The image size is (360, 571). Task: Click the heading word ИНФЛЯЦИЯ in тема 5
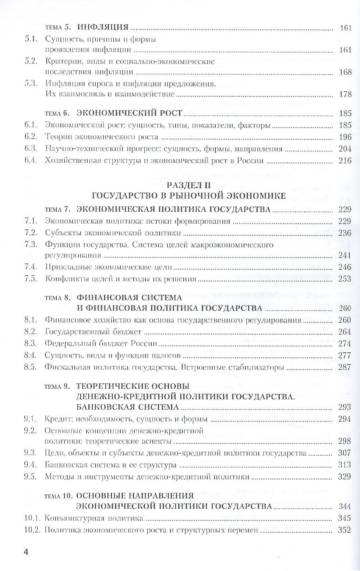[x=103, y=27]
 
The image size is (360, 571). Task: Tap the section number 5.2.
[x=31, y=61]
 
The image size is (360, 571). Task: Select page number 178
[x=345, y=94]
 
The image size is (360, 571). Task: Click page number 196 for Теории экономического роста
[x=345, y=137]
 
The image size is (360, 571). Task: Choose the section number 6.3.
[x=31, y=149]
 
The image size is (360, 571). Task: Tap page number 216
[x=345, y=161]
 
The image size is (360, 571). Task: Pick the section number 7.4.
[x=31, y=267]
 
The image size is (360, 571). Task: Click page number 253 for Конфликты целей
[x=345, y=278]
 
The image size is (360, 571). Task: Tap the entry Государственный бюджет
[x=93, y=332]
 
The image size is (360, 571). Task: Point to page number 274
[x=345, y=343]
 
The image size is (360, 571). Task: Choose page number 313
[x=345, y=465]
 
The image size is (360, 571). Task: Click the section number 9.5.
[x=31, y=477]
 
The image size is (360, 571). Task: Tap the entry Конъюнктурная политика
[x=93, y=518]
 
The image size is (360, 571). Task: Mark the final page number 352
[x=345, y=530]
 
